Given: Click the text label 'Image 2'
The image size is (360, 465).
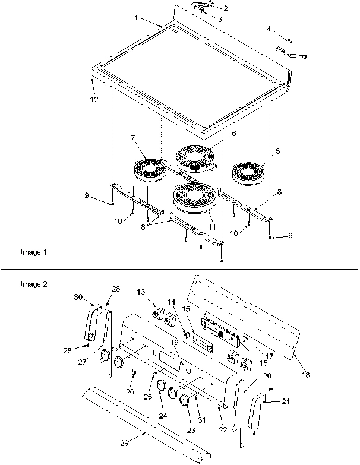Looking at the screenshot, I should (x=33, y=284).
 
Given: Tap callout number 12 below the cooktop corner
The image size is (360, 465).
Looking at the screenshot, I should (x=94, y=99).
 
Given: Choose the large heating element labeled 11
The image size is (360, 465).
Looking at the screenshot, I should (x=192, y=198).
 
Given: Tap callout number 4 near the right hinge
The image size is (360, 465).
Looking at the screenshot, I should (x=269, y=29).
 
